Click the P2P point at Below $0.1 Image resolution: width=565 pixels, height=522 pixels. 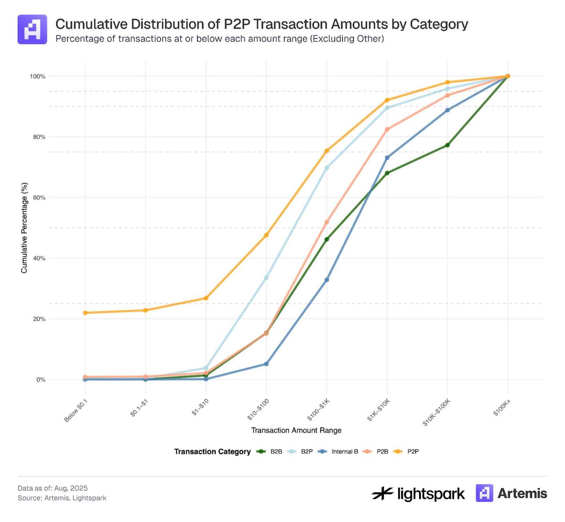click(85, 313)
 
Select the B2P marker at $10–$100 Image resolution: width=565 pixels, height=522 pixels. click(266, 278)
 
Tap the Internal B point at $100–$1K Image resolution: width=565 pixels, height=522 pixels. click(327, 280)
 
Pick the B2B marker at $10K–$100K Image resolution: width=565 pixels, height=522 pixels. click(448, 145)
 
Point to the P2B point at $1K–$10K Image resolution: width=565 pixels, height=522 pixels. click(387, 129)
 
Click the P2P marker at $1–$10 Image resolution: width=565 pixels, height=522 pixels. click(206, 298)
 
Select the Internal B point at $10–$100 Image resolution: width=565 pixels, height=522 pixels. click(266, 364)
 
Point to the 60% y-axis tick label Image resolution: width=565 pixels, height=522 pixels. click(39, 198)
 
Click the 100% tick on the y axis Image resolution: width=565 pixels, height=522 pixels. click(38, 76)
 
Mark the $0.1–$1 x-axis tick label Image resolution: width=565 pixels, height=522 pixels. click(139, 408)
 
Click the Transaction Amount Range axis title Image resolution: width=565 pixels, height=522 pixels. click(296, 430)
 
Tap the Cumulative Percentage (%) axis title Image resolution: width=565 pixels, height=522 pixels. click(24, 228)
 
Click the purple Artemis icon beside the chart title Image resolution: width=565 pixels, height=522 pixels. click(32, 29)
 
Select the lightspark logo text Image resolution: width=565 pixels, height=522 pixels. click(431, 494)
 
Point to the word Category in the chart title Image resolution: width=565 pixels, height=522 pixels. click(439, 24)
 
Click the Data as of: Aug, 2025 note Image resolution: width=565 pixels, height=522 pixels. click(53, 488)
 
